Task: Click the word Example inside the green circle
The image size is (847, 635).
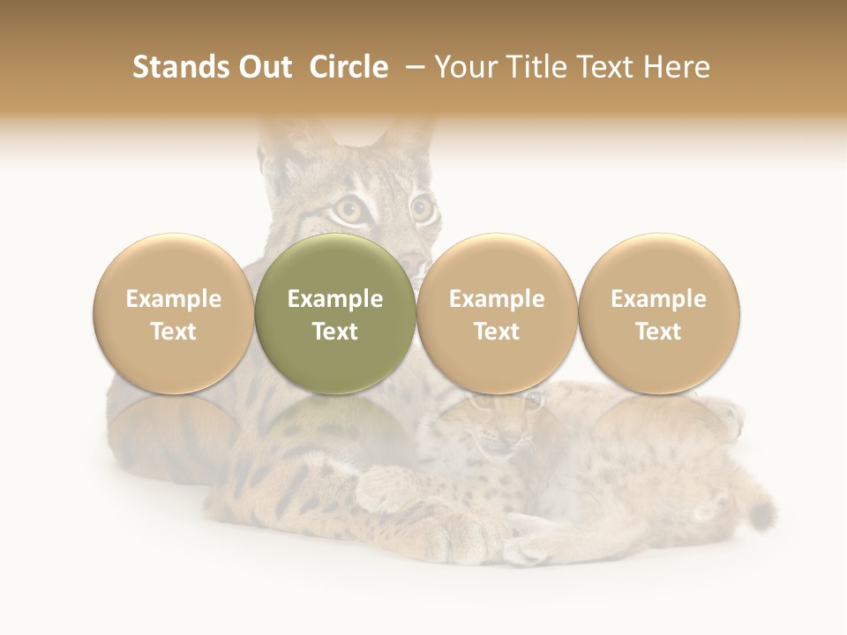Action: pyautogui.click(x=335, y=299)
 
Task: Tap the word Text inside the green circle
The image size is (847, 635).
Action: pyautogui.click(x=335, y=332)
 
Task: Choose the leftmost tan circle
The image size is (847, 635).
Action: pyautogui.click(x=173, y=313)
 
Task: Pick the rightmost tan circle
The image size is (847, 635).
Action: pyautogui.click(x=658, y=313)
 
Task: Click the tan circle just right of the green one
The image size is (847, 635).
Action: pyautogui.click(x=497, y=313)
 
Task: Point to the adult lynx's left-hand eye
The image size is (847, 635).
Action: pyautogui.click(x=346, y=209)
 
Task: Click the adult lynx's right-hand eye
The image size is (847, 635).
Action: pyautogui.click(x=422, y=208)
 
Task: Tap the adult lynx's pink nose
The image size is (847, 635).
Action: pyautogui.click(x=411, y=263)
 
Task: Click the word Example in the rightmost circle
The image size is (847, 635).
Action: pyautogui.click(x=658, y=299)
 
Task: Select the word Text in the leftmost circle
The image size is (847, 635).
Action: pyautogui.click(x=173, y=332)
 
